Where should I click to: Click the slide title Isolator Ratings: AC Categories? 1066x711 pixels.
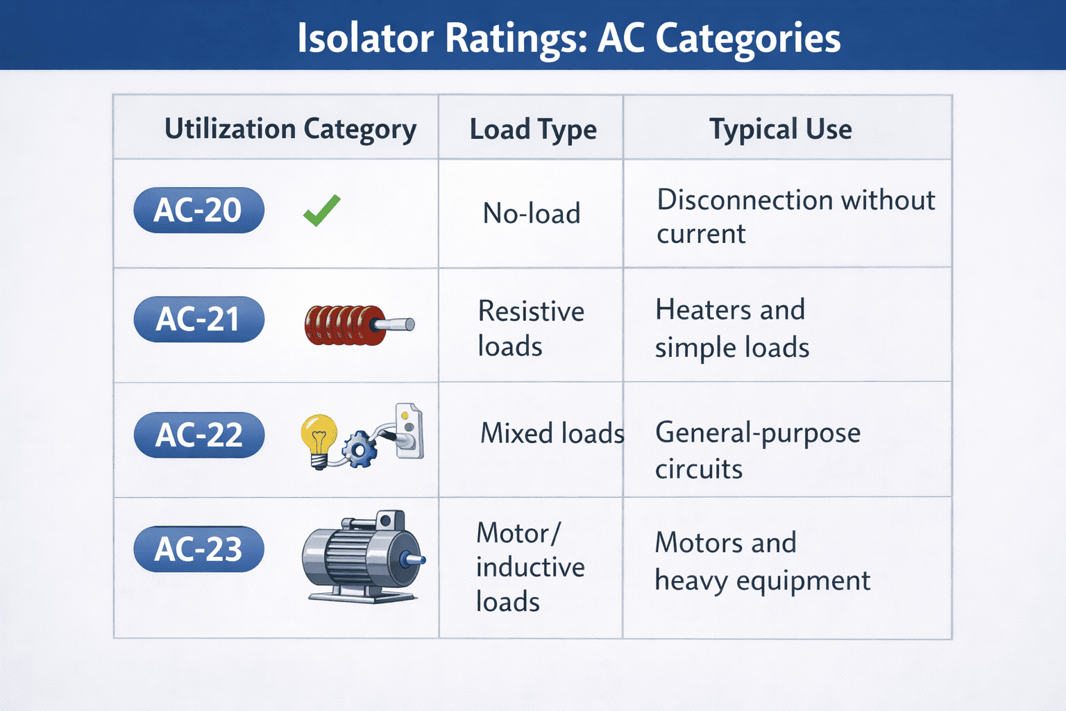click(x=568, y=37)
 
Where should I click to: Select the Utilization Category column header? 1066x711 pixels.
click(x=290, y=129)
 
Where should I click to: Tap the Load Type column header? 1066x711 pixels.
click(x=533, y=129)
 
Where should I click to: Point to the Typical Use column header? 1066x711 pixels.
click(x=780, y=129)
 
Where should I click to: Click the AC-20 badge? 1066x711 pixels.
click(x=198, y=210)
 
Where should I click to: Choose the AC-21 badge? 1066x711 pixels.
click(x=198, y=319)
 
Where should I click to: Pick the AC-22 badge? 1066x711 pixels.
click(x=198, y=435)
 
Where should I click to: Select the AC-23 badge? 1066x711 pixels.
click(x=198, y=549)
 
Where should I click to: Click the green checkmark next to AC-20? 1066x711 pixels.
click(x=322, y=210)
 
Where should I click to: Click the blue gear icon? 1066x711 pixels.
click(x=360, y=449)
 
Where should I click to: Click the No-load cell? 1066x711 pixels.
click(x=532, y=214)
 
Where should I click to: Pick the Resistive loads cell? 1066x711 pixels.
click(x=531, y=328)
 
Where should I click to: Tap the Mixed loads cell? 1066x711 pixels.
click(x=552, y=433)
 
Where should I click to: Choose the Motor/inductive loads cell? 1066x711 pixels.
click(x=530, y=567)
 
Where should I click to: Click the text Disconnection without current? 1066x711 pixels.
click(x=795, y=217)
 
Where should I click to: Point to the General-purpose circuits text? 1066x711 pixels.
click(x=758, y=450)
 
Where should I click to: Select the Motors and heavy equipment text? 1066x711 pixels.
click(x=762, y=561)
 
